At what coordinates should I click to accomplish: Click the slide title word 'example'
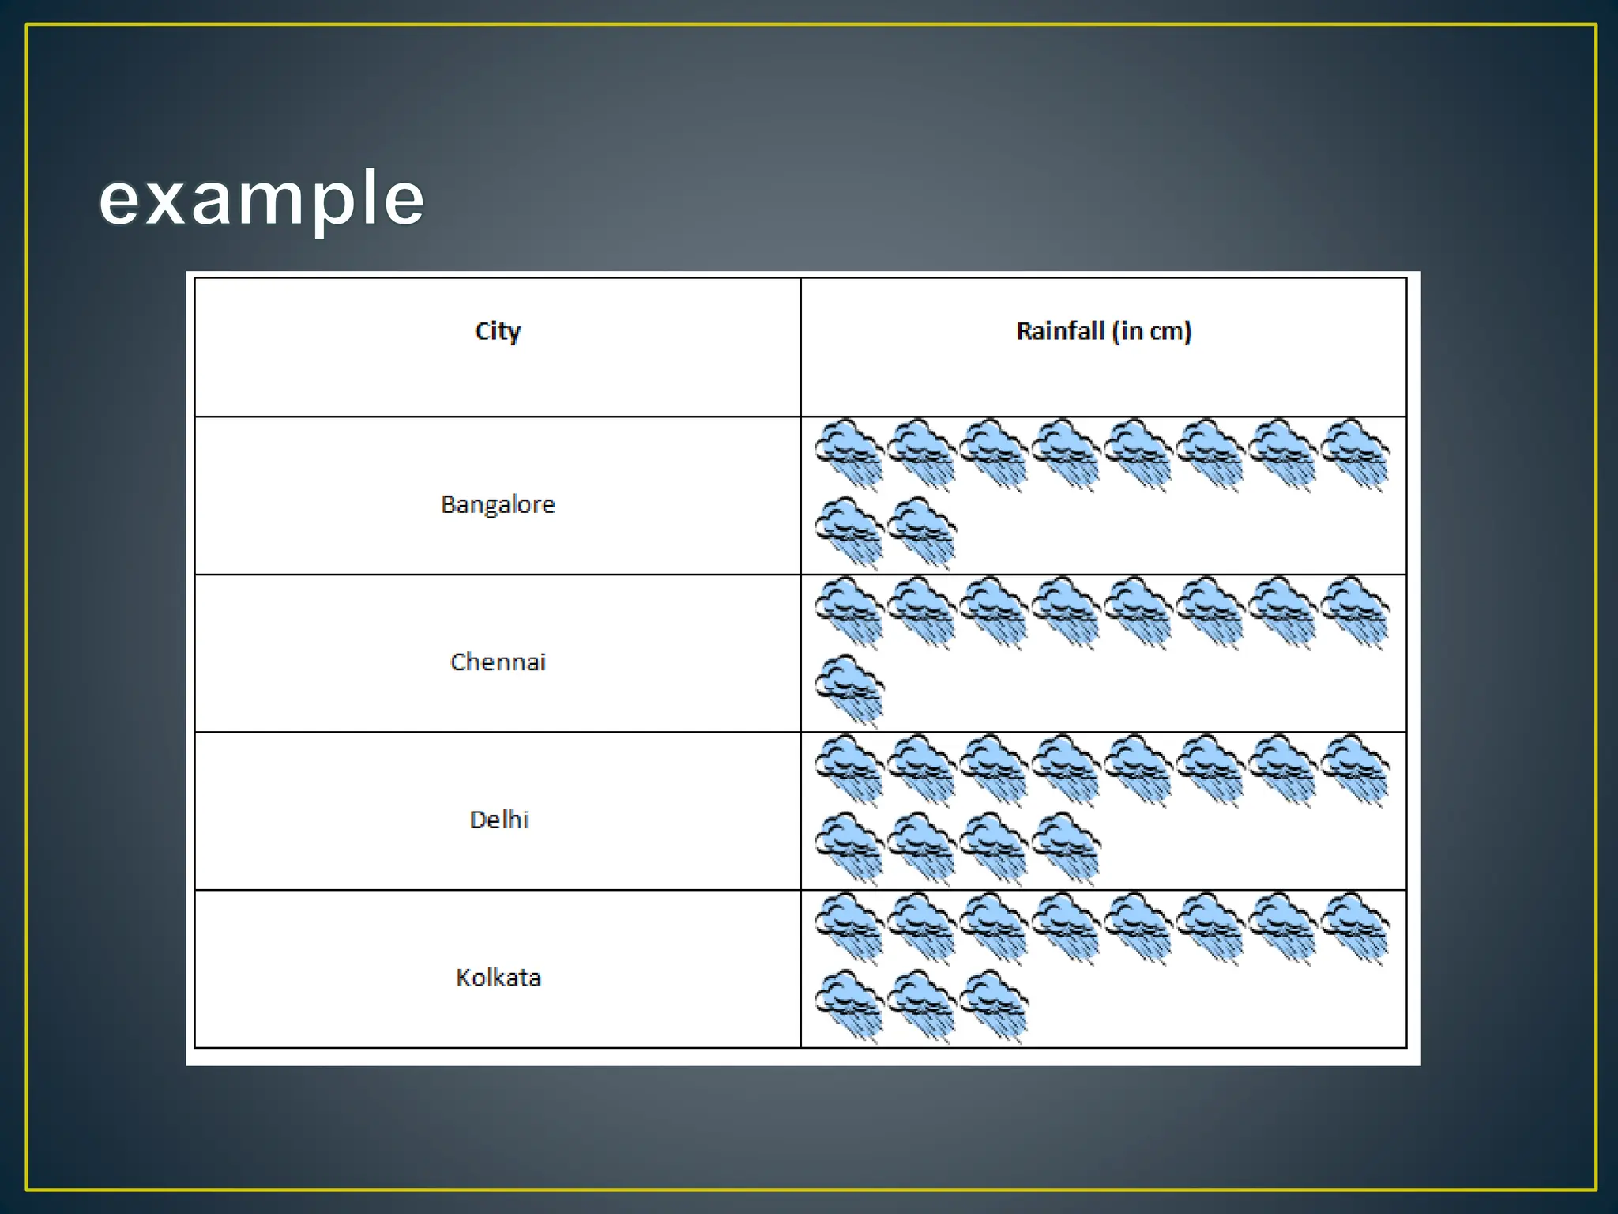point(262,198)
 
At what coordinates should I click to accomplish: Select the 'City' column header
point(498,331)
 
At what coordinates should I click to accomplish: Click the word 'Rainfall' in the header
point(1059,331)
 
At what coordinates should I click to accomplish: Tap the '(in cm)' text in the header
point(1152,331)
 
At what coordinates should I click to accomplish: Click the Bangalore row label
point(498,504)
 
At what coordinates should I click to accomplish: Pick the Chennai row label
point(498,662)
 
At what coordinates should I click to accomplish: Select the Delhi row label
point(499,820)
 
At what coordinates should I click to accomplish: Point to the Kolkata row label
point(498,978)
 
